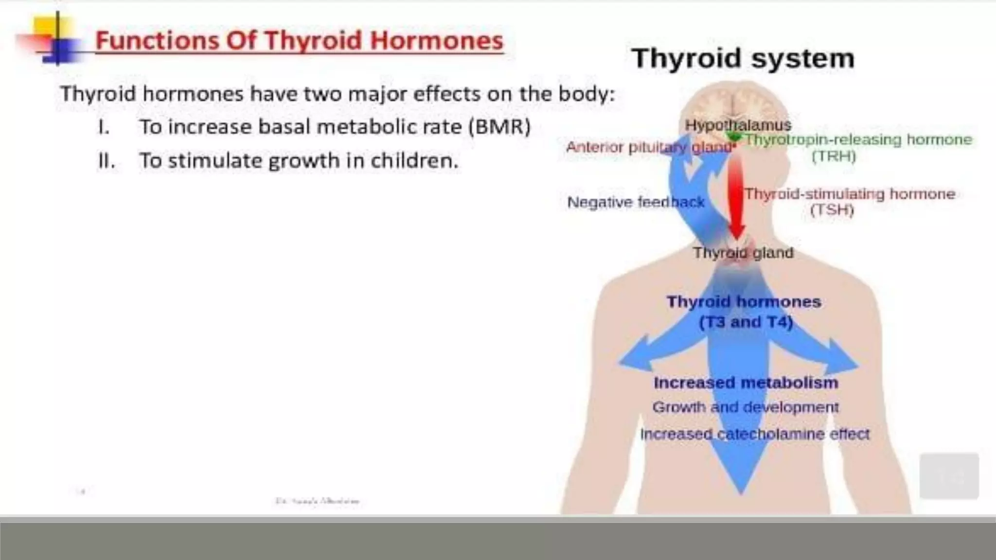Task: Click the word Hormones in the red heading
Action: tap(436, 40)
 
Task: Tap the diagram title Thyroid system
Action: tap(743, 58)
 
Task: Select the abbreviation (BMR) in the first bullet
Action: tap(499, 127)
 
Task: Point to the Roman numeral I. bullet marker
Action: tap(104, 127)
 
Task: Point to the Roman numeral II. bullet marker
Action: tap(107, 161)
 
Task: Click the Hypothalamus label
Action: tap(738, 125)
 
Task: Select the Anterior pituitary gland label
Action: tap(649, 147)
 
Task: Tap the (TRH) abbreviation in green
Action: tap(834, 157)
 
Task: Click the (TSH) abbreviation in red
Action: tap(832, 210)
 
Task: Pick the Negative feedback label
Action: tap(636, 202)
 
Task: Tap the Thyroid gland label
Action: tap(743, 253)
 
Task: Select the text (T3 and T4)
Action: tap(746, 322)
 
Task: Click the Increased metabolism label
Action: tap(746, 383)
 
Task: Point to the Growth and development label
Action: tap(745, 407)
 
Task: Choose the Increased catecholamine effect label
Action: tap(754, 434)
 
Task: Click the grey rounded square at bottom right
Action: tap(949, 476)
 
